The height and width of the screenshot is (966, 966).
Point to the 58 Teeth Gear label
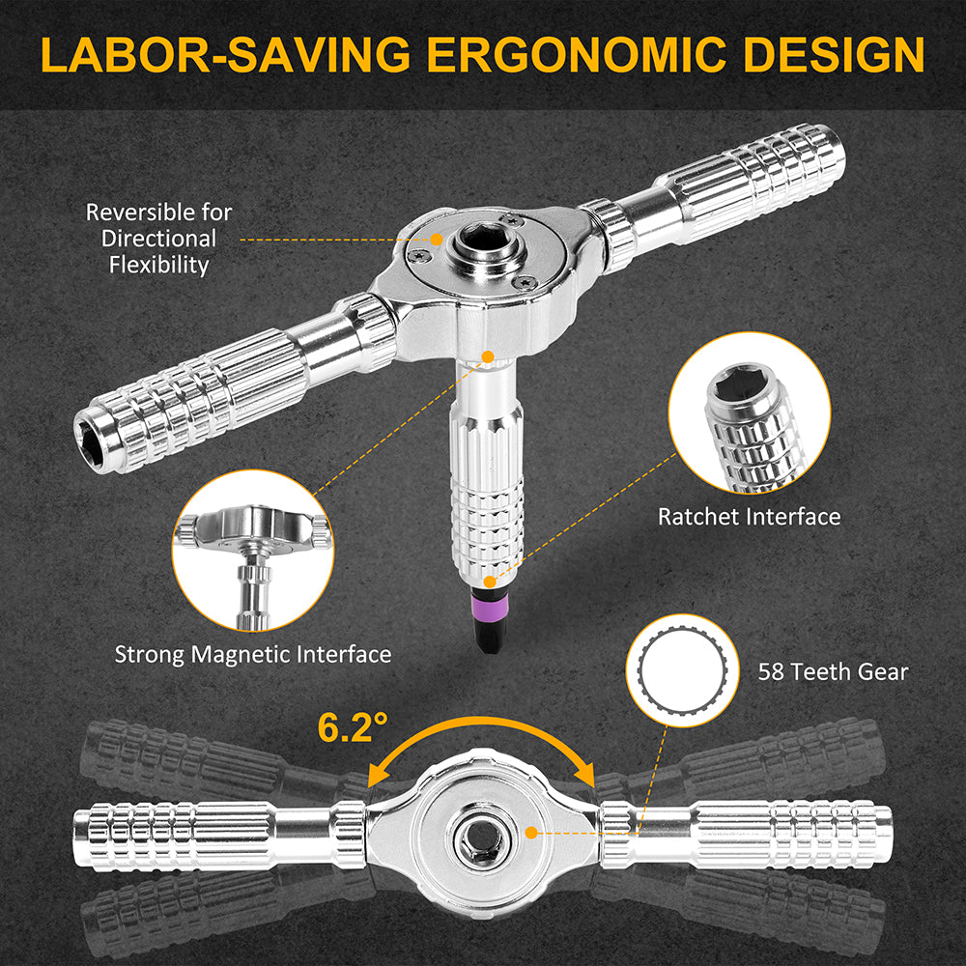pos(834,670)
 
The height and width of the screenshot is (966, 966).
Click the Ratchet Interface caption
pos(749,516)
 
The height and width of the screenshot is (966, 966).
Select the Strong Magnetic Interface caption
pos(253,654)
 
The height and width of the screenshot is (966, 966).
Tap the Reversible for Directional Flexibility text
pos(159,238)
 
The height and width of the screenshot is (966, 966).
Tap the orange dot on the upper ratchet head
pos(437,238)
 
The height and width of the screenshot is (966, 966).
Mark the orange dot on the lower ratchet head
pos(529,831)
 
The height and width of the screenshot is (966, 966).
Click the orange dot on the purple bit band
pos(491,582)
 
